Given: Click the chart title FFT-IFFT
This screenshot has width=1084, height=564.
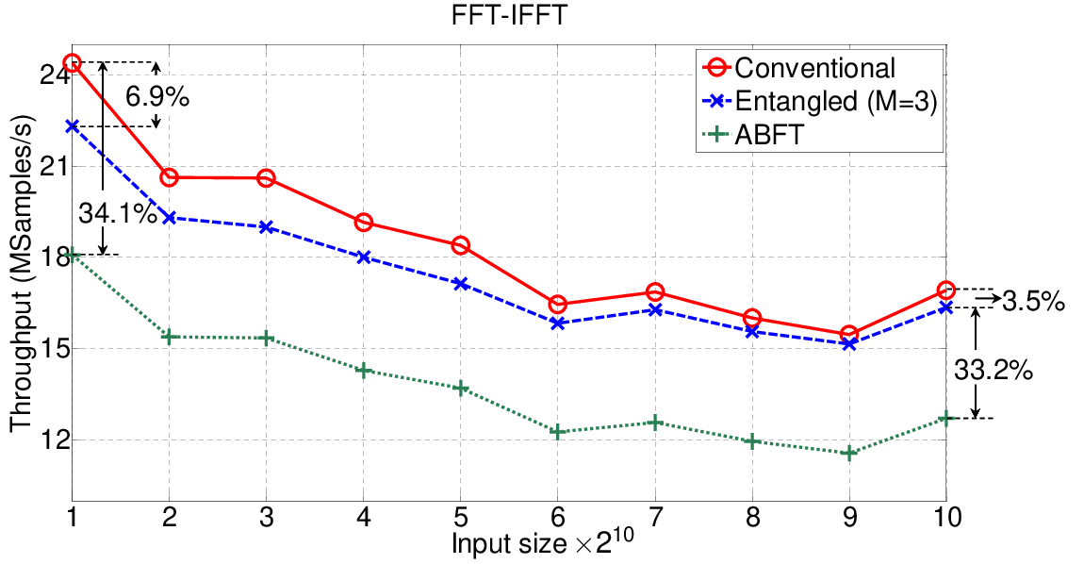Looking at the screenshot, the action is pyautogui.click(x=510, y=14).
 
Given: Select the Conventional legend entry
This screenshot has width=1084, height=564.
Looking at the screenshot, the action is pyautogui.click(x=799, y=68).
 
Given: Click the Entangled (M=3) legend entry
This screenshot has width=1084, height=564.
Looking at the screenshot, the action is pyautogui.click(x=820, y=101).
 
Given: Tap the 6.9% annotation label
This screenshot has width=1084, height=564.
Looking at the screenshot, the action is pyautogui.click(x=156, y=97).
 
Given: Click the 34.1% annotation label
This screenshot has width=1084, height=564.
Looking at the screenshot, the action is pyautogui.click(x=118, y=214).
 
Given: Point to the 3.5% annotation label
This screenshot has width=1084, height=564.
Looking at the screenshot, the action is pyautogui.click(x=1033, y=301).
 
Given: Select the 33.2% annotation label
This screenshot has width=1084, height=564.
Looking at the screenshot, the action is pyautogui.click(x=994, y=371).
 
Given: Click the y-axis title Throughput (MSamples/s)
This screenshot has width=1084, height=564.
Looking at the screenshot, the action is pyautogui.click(x=22, y=274).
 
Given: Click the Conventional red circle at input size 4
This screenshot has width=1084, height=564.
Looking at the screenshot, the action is pyautogui.click(x=364, y=223).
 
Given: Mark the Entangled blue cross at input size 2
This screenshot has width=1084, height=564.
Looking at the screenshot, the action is pyautogui.click(x=170, y=217).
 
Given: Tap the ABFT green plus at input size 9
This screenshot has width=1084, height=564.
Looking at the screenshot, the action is pyautogui.click(x=849, y=454).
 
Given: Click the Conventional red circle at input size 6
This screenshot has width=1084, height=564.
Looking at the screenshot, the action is pyautogui.click(x=558, y=305).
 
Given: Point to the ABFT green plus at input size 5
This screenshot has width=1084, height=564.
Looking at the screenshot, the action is pyautogui.click(x=460, y=389).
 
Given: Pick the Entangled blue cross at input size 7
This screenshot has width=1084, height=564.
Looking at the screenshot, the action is pyautogui.click(x=655, y=310).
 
